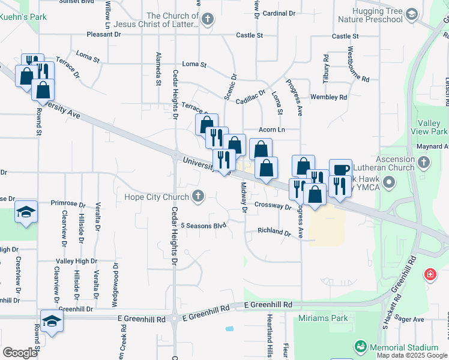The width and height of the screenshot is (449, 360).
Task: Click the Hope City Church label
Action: point(157,197)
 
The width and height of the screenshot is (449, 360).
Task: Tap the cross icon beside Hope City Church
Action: point(197,196)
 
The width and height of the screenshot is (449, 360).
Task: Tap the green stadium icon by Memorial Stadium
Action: point(360,346)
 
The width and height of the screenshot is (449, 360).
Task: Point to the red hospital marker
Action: point(430,275)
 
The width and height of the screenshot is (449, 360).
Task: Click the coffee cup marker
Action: point(340,170)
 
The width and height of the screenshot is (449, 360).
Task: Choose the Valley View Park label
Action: point(430,127)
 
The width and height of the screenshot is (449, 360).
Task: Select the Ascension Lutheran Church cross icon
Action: point(424,162)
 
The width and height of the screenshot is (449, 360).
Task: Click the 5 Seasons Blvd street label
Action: point(203,226)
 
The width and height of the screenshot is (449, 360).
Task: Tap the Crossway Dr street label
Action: point(272,205)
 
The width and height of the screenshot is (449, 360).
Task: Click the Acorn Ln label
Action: point(271,130)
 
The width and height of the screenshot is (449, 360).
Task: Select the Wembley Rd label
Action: point(328,97)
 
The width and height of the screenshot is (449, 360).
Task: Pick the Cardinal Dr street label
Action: point(279,13)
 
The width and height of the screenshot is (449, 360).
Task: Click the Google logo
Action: point(20,352)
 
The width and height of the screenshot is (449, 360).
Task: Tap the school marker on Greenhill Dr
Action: point(52,321)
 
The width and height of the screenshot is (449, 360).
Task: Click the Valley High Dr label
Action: point(76,261)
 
